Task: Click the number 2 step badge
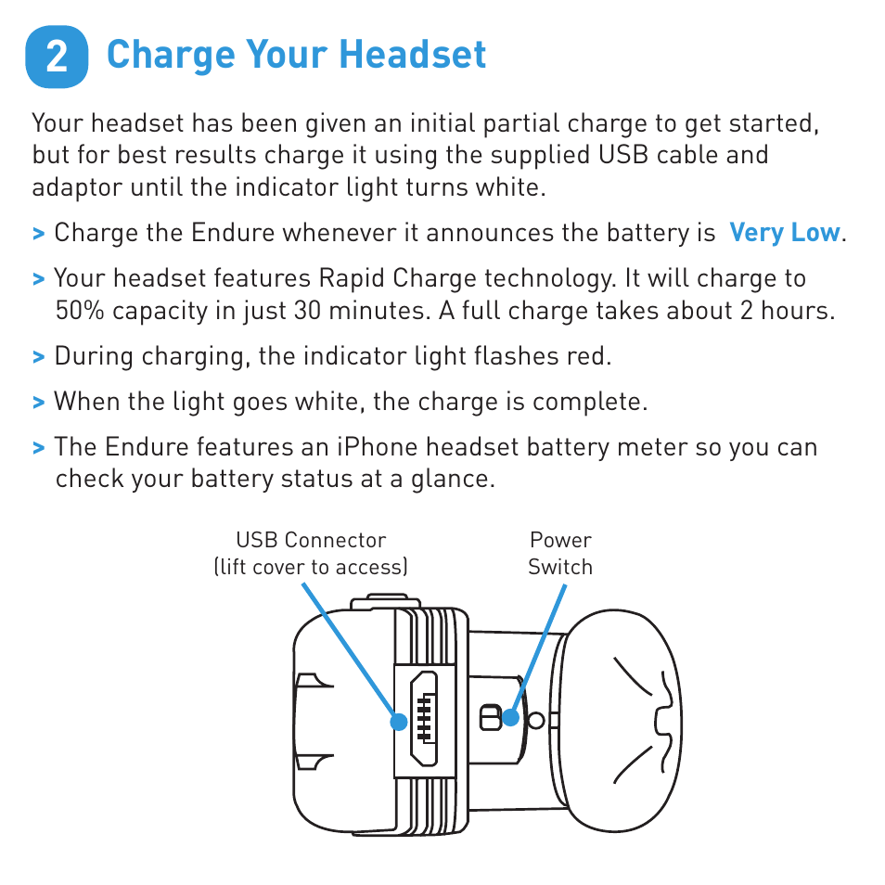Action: click(x=57, y=57)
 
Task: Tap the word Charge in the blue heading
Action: click(x=172, y=56)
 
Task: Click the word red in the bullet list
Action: click(x=592, y=356)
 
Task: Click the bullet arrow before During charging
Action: click(x=38, y=357)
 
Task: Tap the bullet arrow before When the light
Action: click(x=38, y=403)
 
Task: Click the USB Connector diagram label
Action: click(x=311, y=540)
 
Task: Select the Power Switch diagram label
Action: click(x=560, y=553)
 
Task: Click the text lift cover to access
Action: click(x=311, y=567)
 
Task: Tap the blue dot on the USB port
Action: click(x=399, y=721)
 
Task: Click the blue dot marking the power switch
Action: click(x=510, y=717)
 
